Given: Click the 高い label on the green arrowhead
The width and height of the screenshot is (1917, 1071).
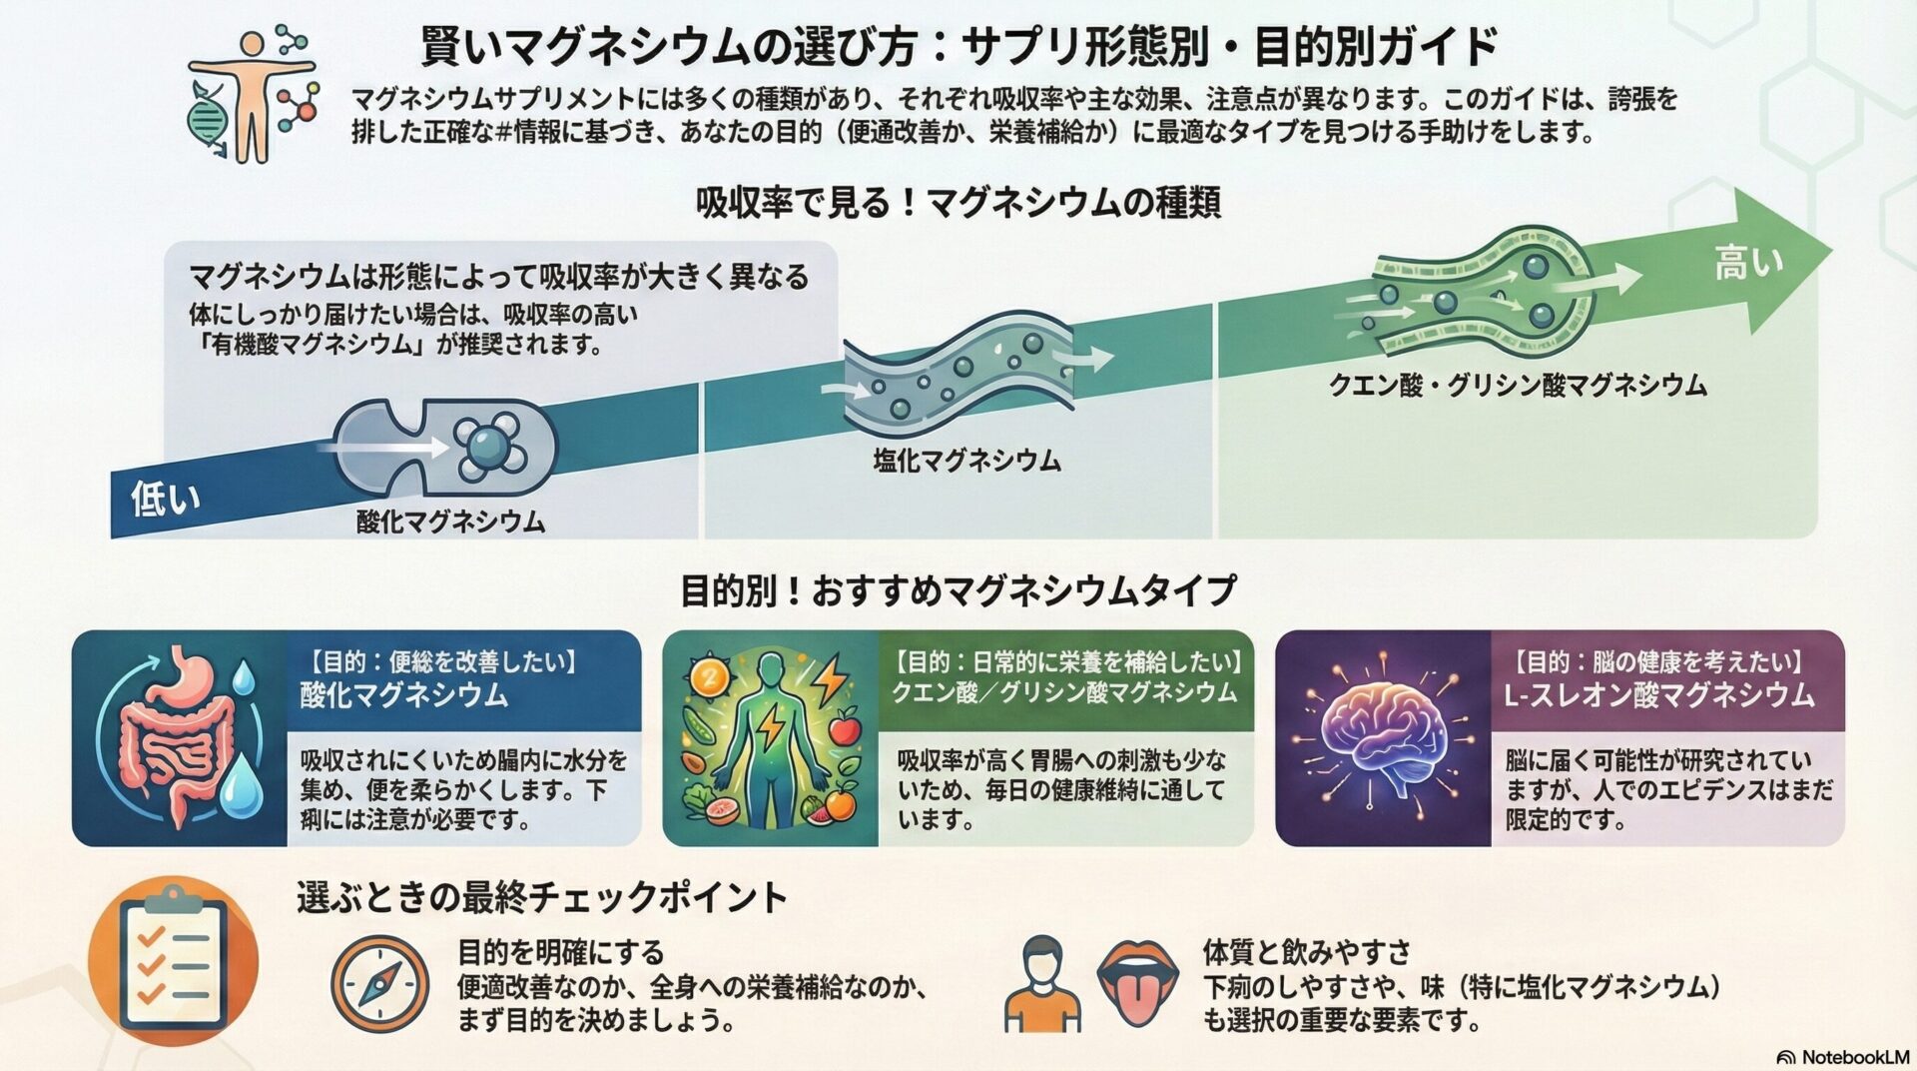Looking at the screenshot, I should pyautogui.click(x=1747, y=264).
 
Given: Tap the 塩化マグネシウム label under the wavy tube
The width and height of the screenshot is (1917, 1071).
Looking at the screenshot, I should pyautogui.click(x=966, y=461).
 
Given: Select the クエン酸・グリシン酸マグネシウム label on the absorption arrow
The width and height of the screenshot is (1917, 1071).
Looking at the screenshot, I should pyautogui.click(x=1517, y=386).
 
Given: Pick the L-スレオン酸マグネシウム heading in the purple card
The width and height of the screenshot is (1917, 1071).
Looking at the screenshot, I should pyautogui.click(x=1658, y=695).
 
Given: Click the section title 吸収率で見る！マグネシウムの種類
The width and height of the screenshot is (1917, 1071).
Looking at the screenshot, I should pyautogui.click(x=958, y=203).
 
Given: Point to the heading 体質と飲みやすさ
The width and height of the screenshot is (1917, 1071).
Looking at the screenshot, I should pyautogui.click(x=1307, y=951).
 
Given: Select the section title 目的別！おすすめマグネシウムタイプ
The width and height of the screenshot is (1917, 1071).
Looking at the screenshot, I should pyautogui.click(x=958, y=590).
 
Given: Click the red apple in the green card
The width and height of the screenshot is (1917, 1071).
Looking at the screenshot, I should pyautogui.click(x=845, y=727).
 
